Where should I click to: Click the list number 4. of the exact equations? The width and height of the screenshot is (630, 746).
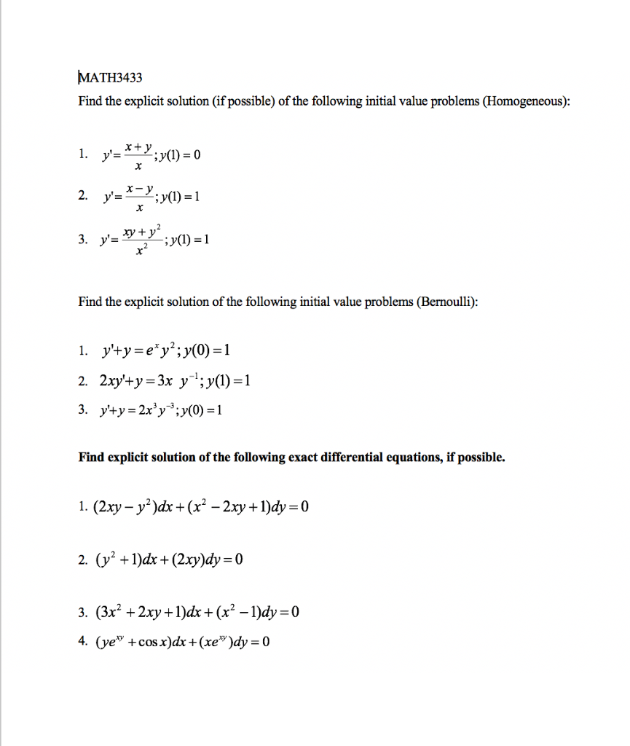[x=82, y=642]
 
